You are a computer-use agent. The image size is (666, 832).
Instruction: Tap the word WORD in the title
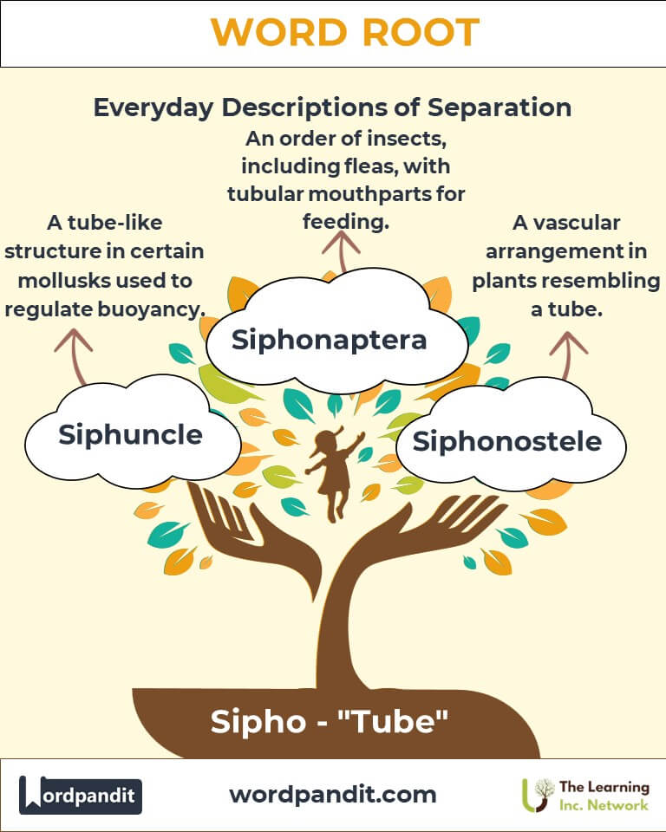point(274,33)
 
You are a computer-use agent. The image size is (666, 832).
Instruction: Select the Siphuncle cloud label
point(130,434)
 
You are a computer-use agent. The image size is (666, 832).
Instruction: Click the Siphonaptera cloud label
point(329,340)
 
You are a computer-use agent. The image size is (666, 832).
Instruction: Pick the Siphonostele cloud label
point(506,441)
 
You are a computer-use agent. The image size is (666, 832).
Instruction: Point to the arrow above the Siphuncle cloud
point(75,355)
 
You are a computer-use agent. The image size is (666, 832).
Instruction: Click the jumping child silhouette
point(333,472)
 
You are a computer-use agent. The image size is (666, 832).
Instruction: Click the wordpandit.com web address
point(332,794)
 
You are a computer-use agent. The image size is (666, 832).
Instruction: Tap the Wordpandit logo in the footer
point(81,795)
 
